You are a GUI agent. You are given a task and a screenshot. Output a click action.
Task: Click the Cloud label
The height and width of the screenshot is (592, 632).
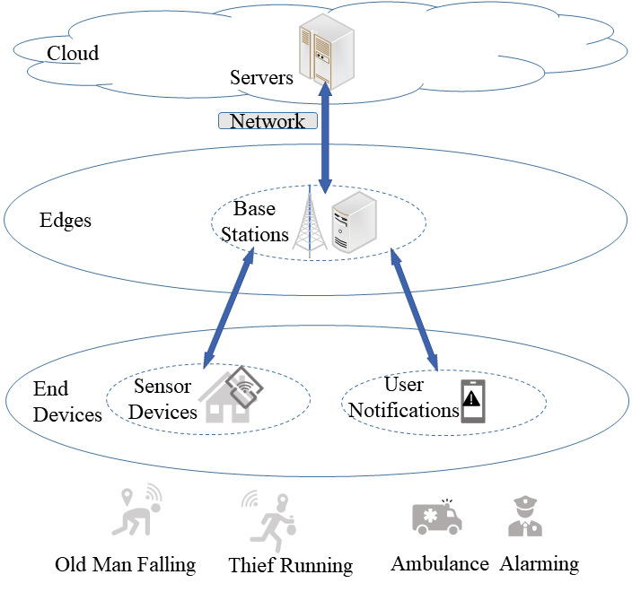[x=73, y=53]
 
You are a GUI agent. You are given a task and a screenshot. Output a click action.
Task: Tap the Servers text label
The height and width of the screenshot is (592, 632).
[x=261, y=78]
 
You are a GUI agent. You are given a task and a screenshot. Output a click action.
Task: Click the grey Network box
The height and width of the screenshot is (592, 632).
[x=268, y=121]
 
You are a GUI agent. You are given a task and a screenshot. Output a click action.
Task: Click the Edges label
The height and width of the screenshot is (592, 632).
[x=66, y=220]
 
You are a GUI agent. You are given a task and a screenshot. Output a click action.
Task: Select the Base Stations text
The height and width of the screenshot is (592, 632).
[x=255, y=222]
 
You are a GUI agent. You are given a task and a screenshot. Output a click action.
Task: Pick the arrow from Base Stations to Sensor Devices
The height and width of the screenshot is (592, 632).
[x=229, y=307]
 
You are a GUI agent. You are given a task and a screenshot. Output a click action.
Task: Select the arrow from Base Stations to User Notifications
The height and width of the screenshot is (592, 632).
[x=414, y=309]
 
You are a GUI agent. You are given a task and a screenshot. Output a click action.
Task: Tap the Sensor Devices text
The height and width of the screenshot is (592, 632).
[x=163, y=399]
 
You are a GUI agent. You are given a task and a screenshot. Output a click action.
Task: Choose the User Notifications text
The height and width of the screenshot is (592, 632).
[x=403, y=397]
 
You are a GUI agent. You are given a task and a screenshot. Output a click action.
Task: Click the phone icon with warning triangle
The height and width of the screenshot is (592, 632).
[x=472, y=400]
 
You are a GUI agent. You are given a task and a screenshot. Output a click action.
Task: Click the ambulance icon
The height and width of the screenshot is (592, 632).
[x=436, y=516]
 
